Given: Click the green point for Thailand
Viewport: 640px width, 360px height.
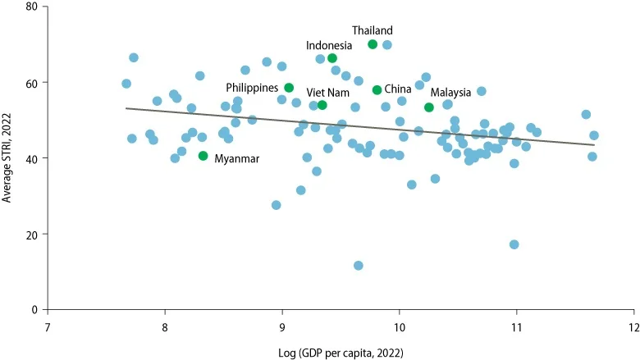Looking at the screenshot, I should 373,44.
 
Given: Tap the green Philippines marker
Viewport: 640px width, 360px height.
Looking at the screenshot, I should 289,88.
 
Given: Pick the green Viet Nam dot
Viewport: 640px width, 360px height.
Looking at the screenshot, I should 322,105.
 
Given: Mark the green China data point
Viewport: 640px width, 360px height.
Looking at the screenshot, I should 377,90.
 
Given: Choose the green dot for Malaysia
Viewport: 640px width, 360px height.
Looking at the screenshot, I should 429,107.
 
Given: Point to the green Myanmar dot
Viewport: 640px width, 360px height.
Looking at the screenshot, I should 203,156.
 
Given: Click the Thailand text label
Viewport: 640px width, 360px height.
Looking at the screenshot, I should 373,31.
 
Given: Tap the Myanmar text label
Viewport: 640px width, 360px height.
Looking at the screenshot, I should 237,159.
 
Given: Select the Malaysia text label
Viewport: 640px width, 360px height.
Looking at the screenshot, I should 451,93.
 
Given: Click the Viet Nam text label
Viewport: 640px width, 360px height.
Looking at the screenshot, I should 328,93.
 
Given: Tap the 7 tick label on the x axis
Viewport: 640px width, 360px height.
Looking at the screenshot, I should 48,323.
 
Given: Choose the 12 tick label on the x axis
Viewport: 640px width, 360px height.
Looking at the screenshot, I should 633,323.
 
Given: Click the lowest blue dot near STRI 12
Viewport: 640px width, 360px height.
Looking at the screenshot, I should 359,265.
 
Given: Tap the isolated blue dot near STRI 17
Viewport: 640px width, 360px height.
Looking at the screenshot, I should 514,244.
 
